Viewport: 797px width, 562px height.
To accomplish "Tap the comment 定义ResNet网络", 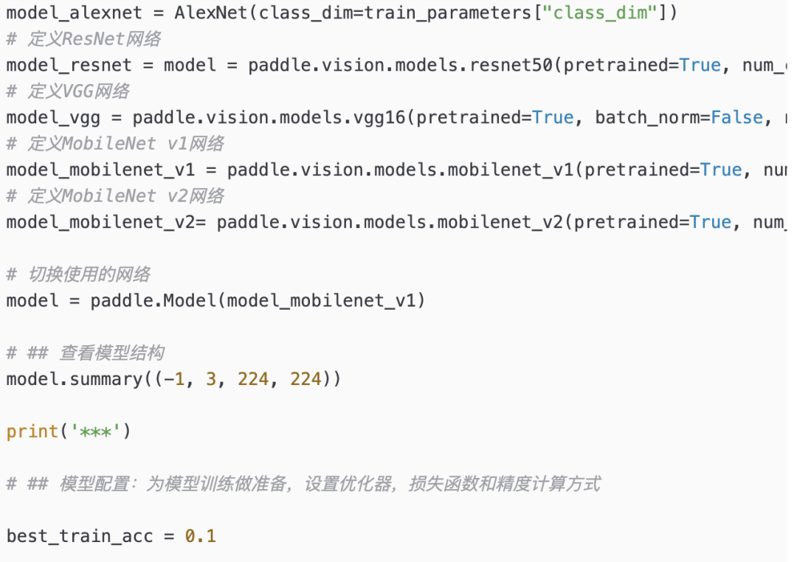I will pyautogui.click(x=94, y=39).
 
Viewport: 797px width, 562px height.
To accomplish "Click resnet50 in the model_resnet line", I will pyautogui.click(x=511, y=65).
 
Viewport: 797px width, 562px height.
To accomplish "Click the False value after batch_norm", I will pyautogui.click(x=736, y=117).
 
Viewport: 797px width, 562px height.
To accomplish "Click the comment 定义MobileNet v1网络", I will pyautogui.click(x=125, y=144).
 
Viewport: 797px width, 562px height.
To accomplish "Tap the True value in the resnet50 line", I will pyautogui.click(x=700, y=65).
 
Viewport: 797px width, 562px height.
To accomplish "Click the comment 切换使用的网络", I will pyautogui.click(x=89, y=274).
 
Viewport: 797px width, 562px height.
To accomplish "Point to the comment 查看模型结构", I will pyautogui.click(x=111, y=353).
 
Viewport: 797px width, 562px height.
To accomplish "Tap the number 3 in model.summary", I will pyautogui.click(x=212, y=379).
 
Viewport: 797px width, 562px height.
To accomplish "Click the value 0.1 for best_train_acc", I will pyautogui.click(x=201, y=536).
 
